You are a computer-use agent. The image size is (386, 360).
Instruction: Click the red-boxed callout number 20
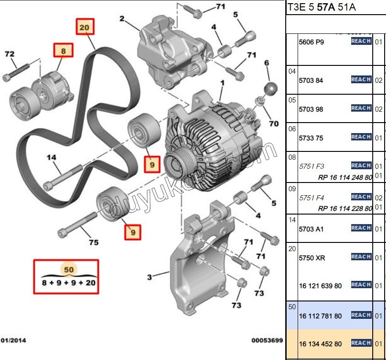click(x=85, y=27)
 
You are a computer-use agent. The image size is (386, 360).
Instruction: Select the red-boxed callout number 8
click(x=64, y=50)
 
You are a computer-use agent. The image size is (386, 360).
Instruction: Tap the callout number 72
click(x=10, y=54)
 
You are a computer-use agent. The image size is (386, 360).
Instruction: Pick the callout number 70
click(x=274, y=124)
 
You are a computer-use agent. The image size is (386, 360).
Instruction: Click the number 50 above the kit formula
click(x=69, y=270)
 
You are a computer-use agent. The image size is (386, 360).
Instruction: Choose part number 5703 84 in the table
click(x=311, y=81)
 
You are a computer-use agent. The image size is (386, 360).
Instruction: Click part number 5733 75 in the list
click(x=311, y=138)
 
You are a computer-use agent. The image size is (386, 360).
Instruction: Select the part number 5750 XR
click(x=312, y=258)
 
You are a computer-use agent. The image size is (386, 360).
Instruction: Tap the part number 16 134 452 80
click(x=320, y=344)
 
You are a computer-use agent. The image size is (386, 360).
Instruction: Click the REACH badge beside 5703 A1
click(x=361, y=228)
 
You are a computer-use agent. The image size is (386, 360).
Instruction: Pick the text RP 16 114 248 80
click(x=345, y=178)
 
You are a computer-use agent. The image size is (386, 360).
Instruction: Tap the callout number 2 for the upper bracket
click(x=122, y=19)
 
